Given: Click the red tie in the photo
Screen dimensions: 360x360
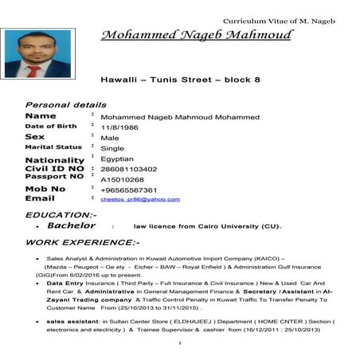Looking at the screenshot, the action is [34, 70].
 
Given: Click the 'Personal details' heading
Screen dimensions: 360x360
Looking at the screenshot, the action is [66, 104].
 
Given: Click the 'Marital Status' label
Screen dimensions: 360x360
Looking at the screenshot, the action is [53, 147].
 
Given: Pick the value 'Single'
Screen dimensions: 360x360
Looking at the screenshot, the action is [112, 148].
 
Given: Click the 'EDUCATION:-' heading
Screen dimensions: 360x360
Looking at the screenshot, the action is [61, 214].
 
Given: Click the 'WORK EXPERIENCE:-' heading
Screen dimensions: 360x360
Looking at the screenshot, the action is [82, 241].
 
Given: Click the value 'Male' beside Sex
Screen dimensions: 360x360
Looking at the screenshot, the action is [110, 138].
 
